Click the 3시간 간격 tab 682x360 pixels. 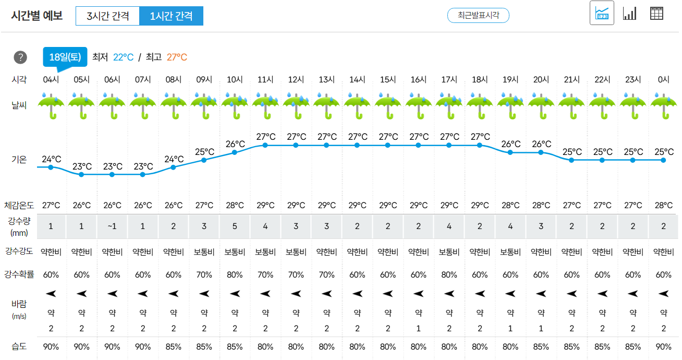pos(108,16)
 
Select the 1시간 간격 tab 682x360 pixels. pos(172,16)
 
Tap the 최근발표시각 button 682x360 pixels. pos(478,15)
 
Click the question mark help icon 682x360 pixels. pos(20,57)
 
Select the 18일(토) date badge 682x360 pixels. pos(65,57)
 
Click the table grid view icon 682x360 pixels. pos(656,14)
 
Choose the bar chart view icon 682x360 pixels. pos(630,14)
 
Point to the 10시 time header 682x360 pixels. pos(235,79)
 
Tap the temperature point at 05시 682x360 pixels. pos(81,174)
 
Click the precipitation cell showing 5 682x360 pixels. pos(235,226)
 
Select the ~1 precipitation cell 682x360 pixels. pos(112,226)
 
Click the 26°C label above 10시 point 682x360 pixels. pos(235,144)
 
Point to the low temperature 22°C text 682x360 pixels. pos(123,57)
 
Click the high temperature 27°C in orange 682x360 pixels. pos(177,57)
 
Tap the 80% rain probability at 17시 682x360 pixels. pos(449,275)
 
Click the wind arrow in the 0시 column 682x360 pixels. pos(664,294)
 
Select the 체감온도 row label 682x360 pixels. pos(19,205)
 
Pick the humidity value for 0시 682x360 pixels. pos(664,346)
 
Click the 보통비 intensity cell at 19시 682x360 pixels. pos(510,252)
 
